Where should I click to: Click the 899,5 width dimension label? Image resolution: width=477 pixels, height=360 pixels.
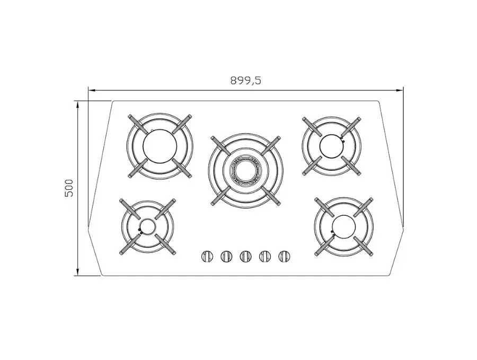coord(245,81)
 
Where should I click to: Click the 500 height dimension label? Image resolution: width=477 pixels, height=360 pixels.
coord(69,188)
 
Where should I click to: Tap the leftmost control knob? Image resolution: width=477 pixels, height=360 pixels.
coord(207,256)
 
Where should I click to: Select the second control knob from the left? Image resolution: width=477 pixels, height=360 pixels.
coord(226,256)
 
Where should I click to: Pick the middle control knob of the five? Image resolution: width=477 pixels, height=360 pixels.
coord(245,256)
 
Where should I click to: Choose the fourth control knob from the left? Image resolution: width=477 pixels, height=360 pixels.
coord(264,256)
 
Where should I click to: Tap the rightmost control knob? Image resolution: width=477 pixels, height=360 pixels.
coord(284,256)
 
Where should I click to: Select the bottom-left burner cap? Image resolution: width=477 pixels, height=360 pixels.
coord(148,226)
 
